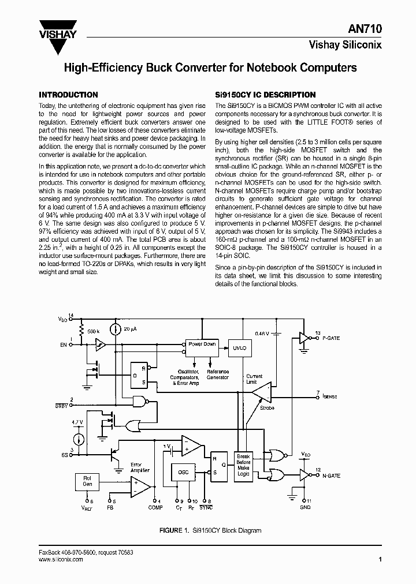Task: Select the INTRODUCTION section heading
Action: click(68, 95)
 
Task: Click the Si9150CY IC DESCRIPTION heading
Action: click(265, 95)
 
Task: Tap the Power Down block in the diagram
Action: click(201, 345)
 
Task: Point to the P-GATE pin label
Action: click(331, 338)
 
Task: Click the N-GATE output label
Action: click(331, 476)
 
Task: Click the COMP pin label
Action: click(155, 507)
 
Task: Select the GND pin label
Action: click(306, 507)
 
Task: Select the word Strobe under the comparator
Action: click(268, 407)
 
